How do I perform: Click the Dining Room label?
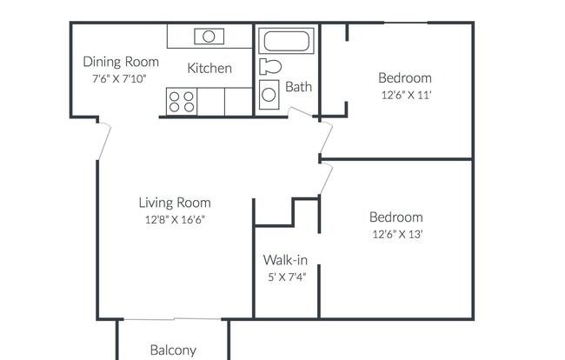click(121, 62)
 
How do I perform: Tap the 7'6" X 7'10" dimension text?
click(119, 78)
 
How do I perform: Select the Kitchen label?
click(209, 68)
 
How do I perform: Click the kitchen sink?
click(209, 37)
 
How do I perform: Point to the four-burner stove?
click(182, 102)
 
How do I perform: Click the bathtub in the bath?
click(287, 41)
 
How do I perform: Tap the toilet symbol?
click(270, 67)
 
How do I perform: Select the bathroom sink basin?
click(269, 95)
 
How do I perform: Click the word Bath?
click(298, 87)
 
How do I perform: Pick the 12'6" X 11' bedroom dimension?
click(407, 95)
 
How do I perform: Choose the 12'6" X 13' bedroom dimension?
click(397, 234)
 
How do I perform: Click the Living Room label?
click(175, 203)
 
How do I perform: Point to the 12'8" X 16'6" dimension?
click(175, 219)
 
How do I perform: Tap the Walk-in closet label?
click(285, 260)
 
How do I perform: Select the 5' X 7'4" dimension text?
click(287, 277)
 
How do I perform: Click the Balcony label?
click(173, 350)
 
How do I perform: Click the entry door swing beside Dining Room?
click(105, 141)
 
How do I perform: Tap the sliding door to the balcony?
click(173, 319)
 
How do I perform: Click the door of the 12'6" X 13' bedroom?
click(327, 179)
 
